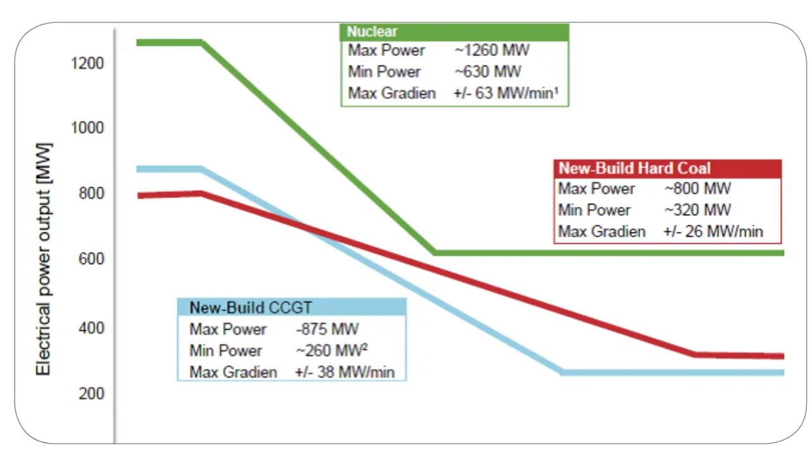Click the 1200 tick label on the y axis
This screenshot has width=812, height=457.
click(x=87, y=63)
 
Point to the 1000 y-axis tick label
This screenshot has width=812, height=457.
click(x=87, y=128)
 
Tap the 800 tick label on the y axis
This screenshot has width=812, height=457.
click(x=91, y=194)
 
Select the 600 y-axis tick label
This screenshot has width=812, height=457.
click(x=91, y=259)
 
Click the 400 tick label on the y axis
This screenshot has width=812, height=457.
click(x=91, y=328)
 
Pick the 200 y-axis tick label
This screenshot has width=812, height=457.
click(x=91, y=394)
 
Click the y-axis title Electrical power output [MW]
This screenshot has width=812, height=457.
click(x=44, y=260)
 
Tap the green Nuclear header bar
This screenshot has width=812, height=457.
click(x=455, y=32)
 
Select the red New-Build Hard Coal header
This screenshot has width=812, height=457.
click(x=668, y=169)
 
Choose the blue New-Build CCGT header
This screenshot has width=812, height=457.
click(x=292, y=307)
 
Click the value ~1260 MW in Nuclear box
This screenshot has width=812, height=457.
click(x=492, y=50)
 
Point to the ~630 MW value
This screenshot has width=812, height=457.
click(x=488, y=72)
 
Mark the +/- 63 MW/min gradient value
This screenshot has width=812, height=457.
click(x=506, y=93)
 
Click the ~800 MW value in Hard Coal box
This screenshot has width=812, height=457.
click(x=698, y=189)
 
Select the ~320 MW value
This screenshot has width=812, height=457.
click(x=698, y=209)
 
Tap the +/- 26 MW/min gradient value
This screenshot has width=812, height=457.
click(x=713, y=232)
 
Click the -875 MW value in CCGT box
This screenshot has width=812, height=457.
click(x=327, y=329)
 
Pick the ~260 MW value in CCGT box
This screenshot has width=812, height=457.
click(x=332, y=350)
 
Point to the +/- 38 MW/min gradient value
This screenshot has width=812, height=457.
click(x=344, y=372)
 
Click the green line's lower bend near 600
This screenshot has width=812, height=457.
click(x=435, y=253)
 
